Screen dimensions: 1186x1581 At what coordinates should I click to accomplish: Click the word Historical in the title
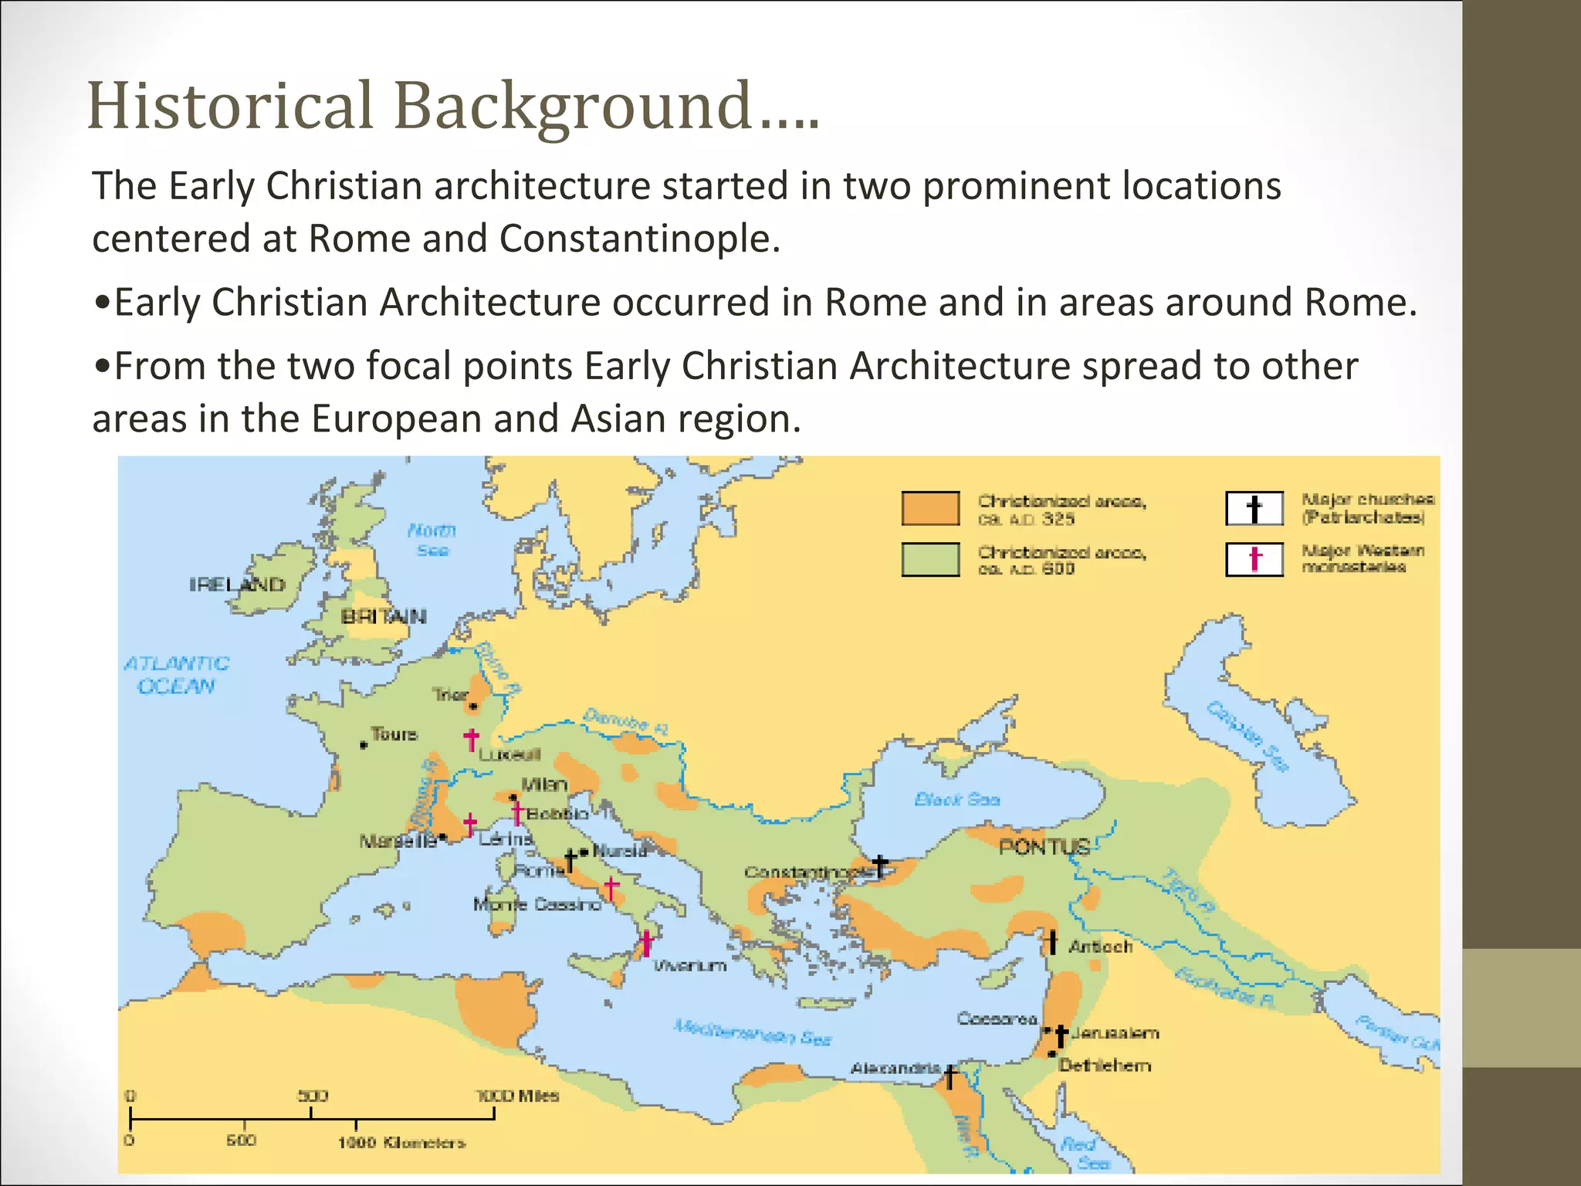[x=230, y=106]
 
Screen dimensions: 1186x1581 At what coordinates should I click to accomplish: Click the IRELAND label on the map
[x=237, y=585]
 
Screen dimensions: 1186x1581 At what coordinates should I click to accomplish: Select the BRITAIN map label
[x=384, y=616]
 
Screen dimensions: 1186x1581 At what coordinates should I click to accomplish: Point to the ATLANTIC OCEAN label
[x=177, y=675]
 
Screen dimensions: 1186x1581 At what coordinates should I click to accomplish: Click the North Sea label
[x=432, y=540]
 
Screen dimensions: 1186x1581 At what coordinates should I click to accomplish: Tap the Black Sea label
[x=956, y=799]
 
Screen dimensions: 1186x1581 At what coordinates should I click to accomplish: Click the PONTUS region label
[x=1044, y=847]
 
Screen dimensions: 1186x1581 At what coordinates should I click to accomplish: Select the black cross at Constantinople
[x=880, y=866]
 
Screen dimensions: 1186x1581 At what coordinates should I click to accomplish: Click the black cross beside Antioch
[x=1051, y=942]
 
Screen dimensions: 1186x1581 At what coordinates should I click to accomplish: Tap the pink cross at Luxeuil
[x=471, y=739]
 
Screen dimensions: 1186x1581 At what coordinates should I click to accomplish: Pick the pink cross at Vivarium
[x=646, y=943]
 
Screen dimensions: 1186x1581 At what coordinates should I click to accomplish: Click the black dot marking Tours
[x=364, y=745]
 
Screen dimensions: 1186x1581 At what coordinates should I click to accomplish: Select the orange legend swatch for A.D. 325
[x=930, y=508]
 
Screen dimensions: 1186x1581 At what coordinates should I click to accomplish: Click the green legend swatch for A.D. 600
[x=930, y=559]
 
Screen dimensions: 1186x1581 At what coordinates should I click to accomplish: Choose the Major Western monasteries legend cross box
[x=1254, y=559]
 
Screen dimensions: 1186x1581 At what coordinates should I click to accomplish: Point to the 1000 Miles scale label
[x=517, y=1096]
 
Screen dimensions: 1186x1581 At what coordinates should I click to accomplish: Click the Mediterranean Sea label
[x=752, y=1032]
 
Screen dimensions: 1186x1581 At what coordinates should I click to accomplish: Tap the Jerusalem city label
[x=1116, y=1033]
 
